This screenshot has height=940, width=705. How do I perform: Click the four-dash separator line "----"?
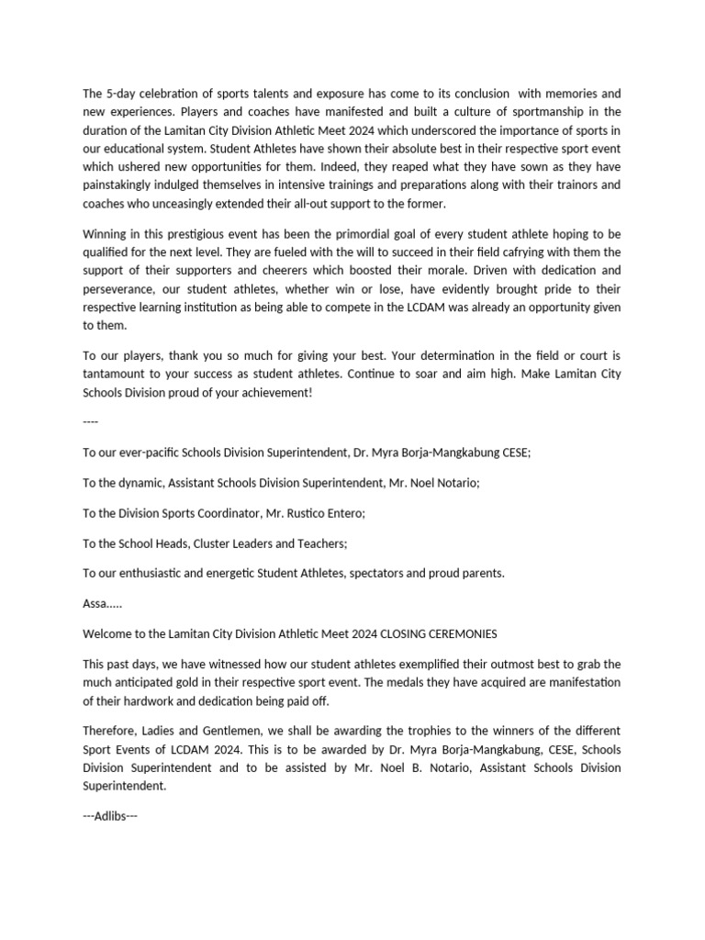(x=90, y=421)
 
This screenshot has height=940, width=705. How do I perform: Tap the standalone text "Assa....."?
(x=102, y=603)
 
